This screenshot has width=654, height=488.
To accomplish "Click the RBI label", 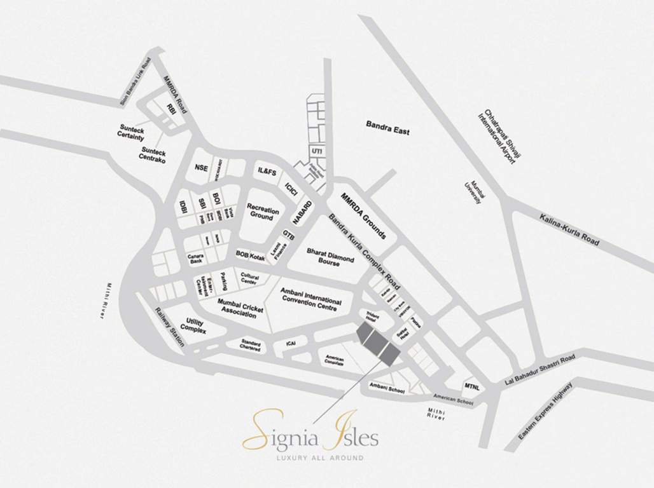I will [170, 108].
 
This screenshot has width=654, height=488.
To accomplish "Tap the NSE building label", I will [202, 168].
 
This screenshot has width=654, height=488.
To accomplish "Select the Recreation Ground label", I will [260, 212].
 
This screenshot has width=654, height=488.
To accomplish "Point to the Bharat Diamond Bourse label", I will [326, 256].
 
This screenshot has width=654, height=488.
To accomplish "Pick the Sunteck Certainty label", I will [132, 132].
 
